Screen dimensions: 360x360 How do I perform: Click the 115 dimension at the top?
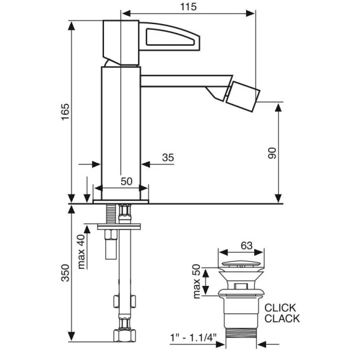coord(188,7)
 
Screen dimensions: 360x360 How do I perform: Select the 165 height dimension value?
coord(65,112)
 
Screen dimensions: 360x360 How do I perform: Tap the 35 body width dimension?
coord(168,157)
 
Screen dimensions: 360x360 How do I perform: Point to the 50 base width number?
coord(127,181)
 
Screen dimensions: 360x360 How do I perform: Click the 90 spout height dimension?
coord(272,153)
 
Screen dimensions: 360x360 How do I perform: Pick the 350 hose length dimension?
coord(65,273)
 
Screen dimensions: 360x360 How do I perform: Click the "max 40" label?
coord(81,252)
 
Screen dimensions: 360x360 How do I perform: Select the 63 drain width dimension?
coord(247,245)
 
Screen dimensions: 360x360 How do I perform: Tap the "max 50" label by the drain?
coord(196,281)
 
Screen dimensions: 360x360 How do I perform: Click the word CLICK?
coord(280,307)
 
